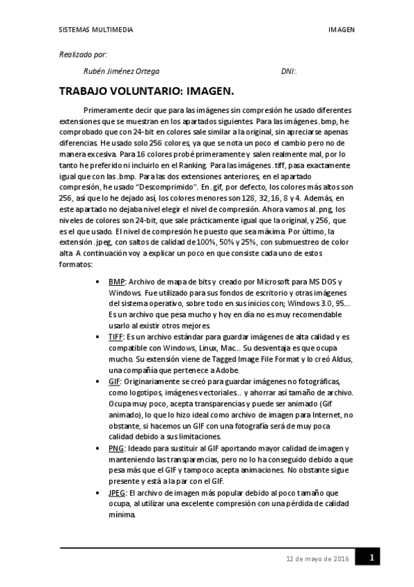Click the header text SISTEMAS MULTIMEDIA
95,30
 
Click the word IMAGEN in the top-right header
341,30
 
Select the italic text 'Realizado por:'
83,54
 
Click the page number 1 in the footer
372,557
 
